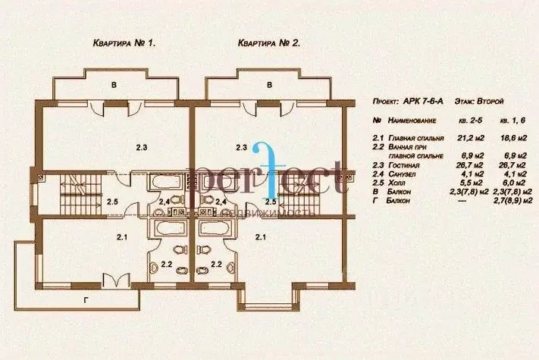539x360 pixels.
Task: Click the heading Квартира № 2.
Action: click(269, 44)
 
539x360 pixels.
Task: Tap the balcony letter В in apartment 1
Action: click(114, 86)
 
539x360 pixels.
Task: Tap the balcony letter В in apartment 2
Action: click(269, 86)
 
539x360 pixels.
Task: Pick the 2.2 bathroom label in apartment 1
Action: click(166, 265)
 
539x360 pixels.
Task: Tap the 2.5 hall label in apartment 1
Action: click(112, 202)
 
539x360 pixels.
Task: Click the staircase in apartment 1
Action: click(70, 202)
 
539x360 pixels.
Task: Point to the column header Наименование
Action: click(411, 121)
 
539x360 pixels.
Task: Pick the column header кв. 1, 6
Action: click(512, 121)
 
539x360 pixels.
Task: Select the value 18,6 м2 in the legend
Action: click(513, 138)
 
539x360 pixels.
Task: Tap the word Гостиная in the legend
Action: click(403, 164)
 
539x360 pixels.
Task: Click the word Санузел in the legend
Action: click(402, 174)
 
